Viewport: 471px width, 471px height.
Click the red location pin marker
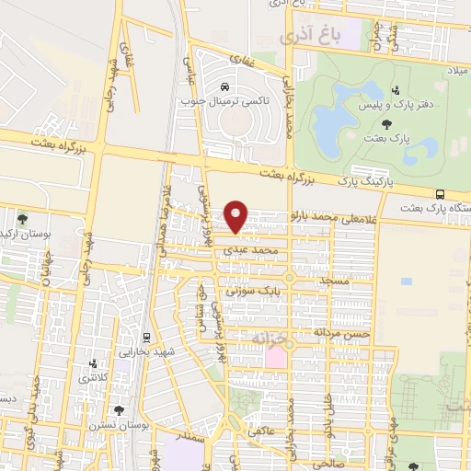(x=237, y=215)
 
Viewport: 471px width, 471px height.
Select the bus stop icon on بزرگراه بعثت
(x=441, y=194)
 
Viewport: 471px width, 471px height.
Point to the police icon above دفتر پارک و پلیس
(x=396, y=90)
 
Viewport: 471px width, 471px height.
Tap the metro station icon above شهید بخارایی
(x=147, y=338)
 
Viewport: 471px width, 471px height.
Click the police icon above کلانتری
(x=91, y=363)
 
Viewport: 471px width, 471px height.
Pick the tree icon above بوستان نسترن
(x=119, y=411)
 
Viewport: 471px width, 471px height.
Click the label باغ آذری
(x=310, y=37)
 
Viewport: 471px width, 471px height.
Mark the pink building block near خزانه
(x=275, y=355)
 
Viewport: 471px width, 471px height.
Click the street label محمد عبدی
(x=256, y=249)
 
